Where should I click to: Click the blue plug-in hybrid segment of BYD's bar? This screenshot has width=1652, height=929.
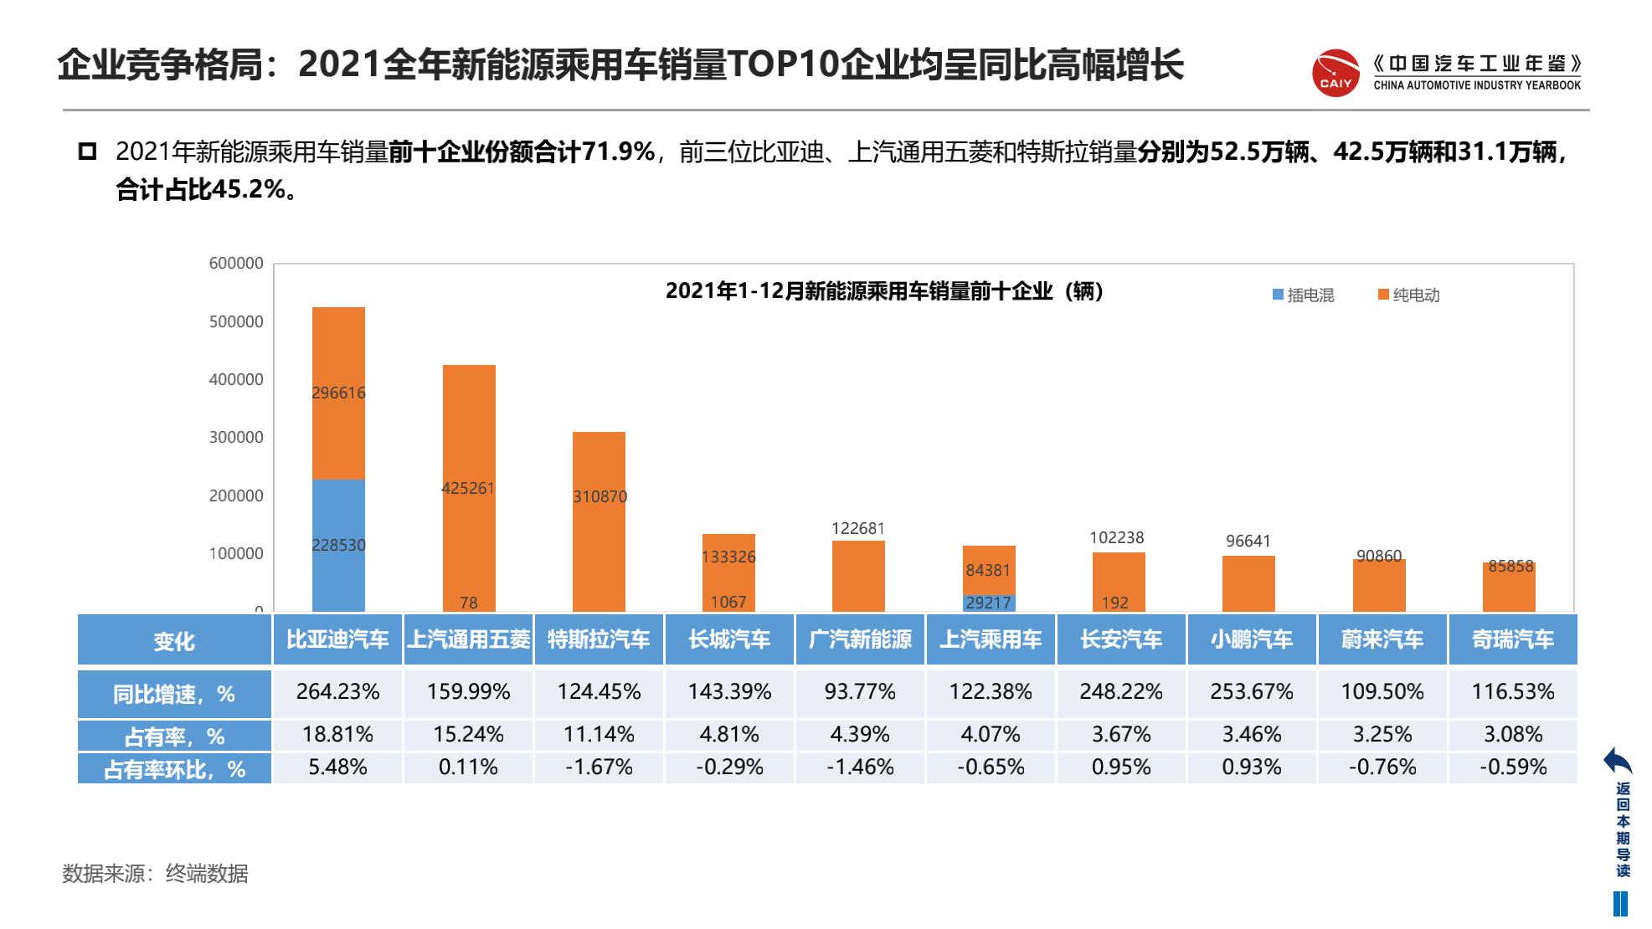tap(338, 544)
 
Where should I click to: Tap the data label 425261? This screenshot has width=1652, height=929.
tap(468, 488)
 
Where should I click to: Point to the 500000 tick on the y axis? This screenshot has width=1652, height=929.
tap(236, 321)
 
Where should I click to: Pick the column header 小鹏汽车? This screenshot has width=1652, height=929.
tap(1252, 640)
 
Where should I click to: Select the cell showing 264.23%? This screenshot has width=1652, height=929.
tap(338, 692)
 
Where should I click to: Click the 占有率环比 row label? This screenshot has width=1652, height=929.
tap(174, 769)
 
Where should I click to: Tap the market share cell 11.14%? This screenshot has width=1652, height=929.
tap(599, 735)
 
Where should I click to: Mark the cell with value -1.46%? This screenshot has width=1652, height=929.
tap(860, 767)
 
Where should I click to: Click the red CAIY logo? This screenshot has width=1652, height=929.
tap(1335, 73)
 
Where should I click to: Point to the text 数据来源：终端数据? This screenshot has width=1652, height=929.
tap(156, 874)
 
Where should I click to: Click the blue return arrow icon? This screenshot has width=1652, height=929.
tap(1618, 761)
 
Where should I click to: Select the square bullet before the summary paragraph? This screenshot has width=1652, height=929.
tap(87, 152)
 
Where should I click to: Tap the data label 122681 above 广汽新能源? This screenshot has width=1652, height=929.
tap(858, 528)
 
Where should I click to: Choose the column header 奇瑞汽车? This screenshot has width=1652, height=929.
tap(1513, 640)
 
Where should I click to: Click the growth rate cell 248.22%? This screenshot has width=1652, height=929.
tap(1121, 692)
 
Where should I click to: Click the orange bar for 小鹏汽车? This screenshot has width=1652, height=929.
tap(1248, 583)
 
